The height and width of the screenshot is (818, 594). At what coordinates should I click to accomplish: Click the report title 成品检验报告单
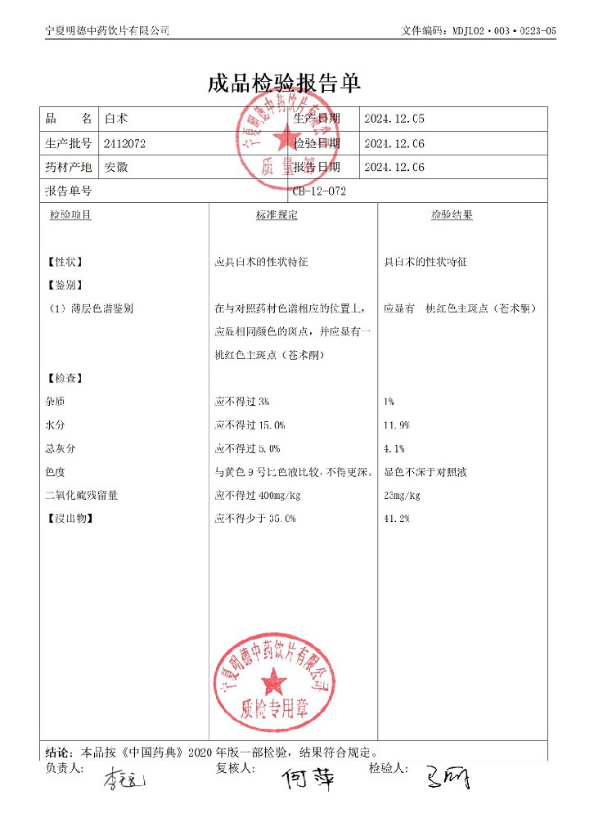coord(284,83)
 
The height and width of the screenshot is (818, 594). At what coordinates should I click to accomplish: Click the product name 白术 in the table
coord(115,119)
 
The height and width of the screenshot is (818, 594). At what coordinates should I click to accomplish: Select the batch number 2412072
coord(125,143)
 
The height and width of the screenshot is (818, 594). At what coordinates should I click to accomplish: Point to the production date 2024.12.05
coord(394,119)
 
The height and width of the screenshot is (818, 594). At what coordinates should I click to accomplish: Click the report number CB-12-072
coord(319,191)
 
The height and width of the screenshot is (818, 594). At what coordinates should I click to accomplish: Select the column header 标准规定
coord(277,215)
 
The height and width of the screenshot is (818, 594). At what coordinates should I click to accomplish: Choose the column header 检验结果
coord(452,215)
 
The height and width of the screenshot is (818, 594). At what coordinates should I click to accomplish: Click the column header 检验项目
coord(70,215)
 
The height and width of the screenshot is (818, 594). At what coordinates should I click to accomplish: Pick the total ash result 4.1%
coord(394,449)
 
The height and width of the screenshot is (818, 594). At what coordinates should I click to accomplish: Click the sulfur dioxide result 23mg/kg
coord(402,496)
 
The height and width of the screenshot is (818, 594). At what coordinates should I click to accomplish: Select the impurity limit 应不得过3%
coord(241,402)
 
